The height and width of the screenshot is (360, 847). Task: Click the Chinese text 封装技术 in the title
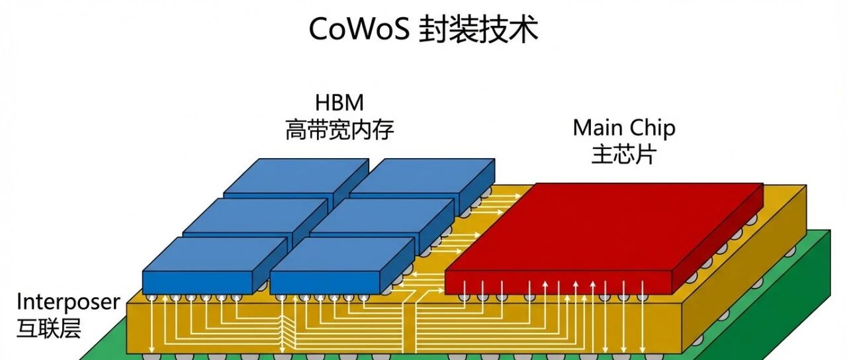(x=479, y=30)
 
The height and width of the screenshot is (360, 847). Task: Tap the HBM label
(x=339, y=103)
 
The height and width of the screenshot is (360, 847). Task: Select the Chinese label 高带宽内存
(x=339, y=129)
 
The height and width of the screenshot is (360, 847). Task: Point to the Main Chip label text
(x=624, y=127)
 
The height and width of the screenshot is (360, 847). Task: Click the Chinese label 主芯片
(x=624, y=154)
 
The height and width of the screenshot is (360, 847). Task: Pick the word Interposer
(x=69, y=302)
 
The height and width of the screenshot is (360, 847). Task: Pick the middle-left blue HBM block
(x=248, y=215)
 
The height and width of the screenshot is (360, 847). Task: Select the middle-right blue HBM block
(x=377, y=215)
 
